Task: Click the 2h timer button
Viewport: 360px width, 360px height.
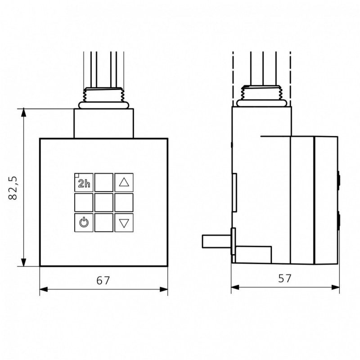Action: pos(84,183)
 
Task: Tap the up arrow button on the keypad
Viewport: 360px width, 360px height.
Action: pos(124,183)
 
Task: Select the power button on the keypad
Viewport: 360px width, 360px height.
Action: pos(84,223)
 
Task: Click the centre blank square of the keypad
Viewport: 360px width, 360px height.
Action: pos(104,202)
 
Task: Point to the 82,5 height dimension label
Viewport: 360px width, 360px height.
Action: pos(13,188)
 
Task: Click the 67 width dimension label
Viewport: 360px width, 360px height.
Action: pos(103,280)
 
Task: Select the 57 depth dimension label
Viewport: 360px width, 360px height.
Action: pos(285,278)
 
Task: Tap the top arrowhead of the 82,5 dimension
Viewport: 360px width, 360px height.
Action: pos(23,112)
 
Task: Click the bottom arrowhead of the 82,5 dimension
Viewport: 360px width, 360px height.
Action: pos(23,262)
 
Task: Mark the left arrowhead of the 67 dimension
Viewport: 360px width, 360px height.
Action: pos(44,289)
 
